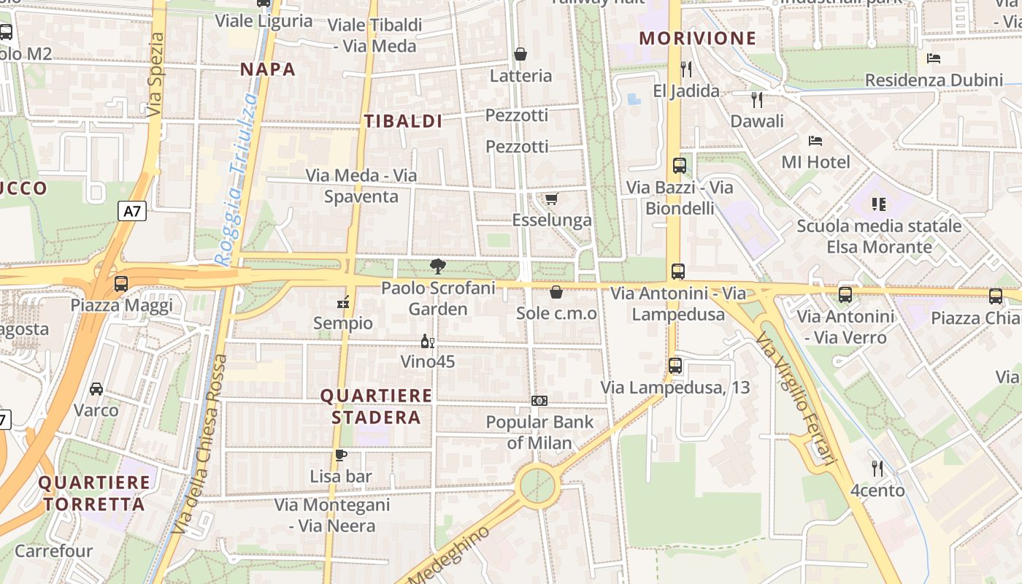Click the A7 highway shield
(x=131, y=212)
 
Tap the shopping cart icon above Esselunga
(x=552, y=199)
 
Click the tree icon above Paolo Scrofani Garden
(x=438, y=266)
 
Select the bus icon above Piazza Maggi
(x=121, y=283)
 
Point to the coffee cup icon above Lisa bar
(x=341, y=456)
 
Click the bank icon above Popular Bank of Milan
(x=539, y=401)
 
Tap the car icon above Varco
(x=96, y=389)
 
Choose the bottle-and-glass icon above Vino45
(x=428, y=341)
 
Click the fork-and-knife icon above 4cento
(x=877, y=468)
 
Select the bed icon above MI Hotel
(x=815, y=141)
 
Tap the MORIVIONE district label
(x=697, y=39)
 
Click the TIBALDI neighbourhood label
(x=403, y=121)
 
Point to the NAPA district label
(x=268, y=69)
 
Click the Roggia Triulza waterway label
(x=238, y=179)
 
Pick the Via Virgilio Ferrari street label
(x=795, y=399)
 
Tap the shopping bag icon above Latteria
(x=520, y=54)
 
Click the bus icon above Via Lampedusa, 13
(x=675, y=366)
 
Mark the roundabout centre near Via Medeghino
(x=538, y=485)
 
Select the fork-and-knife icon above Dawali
(x=757, y=99)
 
